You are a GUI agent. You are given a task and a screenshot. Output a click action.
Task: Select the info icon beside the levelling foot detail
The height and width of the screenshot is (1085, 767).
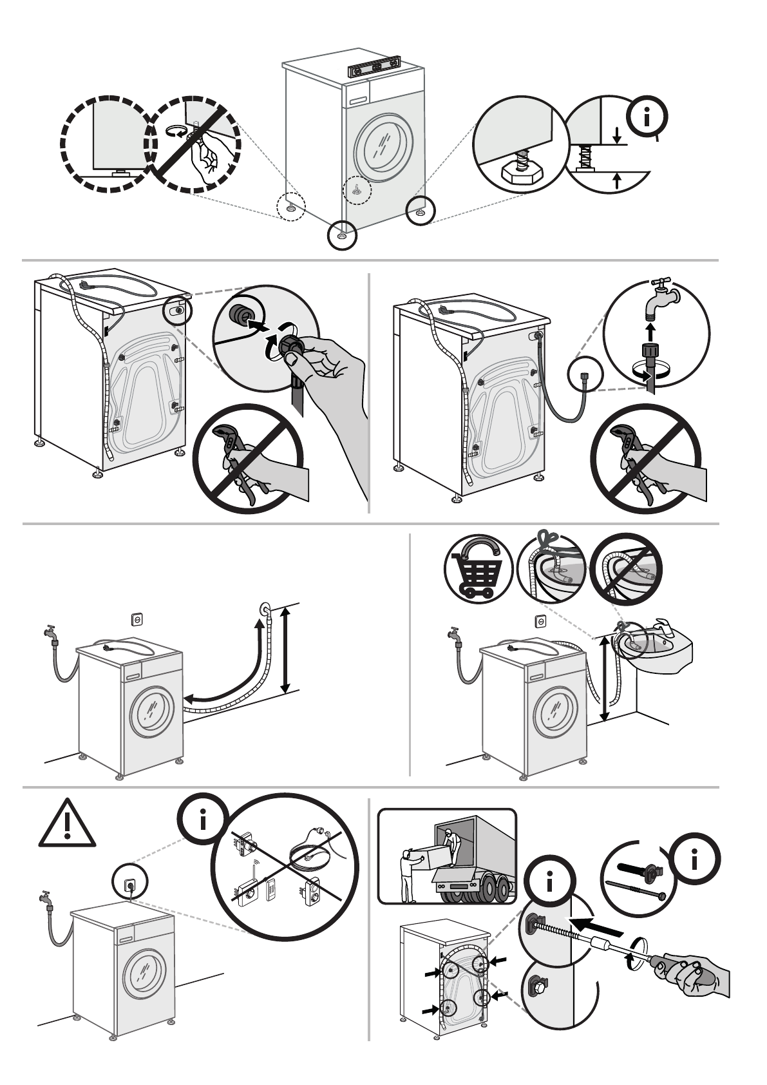tap(647, 117)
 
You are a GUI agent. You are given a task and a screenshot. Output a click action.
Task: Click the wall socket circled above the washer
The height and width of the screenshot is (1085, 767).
tap(129, 885)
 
